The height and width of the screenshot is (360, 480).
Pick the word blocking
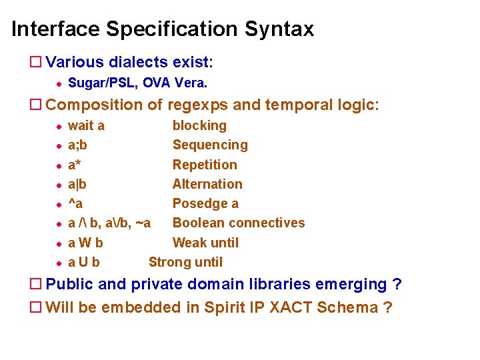point(199,125)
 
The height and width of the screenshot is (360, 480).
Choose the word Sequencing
point(210,145)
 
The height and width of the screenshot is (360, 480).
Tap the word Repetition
point(205,165)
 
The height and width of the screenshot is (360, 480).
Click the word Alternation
point(207,184)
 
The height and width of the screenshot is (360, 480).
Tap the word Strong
point(169,262)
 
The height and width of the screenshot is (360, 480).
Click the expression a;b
point(77,145)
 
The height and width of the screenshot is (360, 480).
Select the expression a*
point(75,165)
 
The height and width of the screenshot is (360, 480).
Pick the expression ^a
point(75,203)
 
